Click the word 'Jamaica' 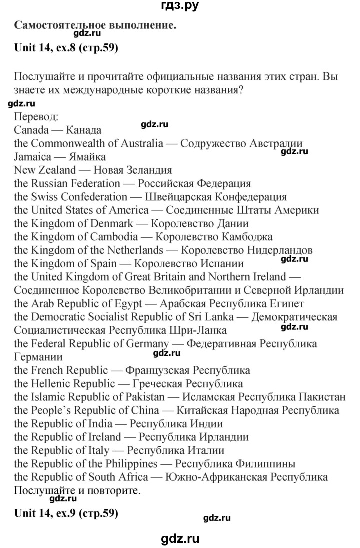coord(32,156)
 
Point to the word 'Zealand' coord(58,169)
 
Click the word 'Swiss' coord(46,196)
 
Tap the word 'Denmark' coord(116,223)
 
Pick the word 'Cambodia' coord(119,236)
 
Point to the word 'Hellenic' coord(54,384)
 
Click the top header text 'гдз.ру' coord(179,7)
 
